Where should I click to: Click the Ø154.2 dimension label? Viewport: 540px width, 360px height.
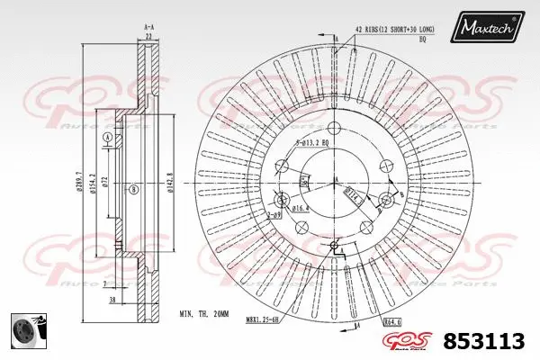coord(94,185)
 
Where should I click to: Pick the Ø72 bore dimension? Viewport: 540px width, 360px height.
coord(104,184)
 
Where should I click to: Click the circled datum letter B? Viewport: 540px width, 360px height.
coord(133,189)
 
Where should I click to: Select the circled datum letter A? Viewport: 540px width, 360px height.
coord(108,137)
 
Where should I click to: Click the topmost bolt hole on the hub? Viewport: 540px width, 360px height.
coord(335,126)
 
